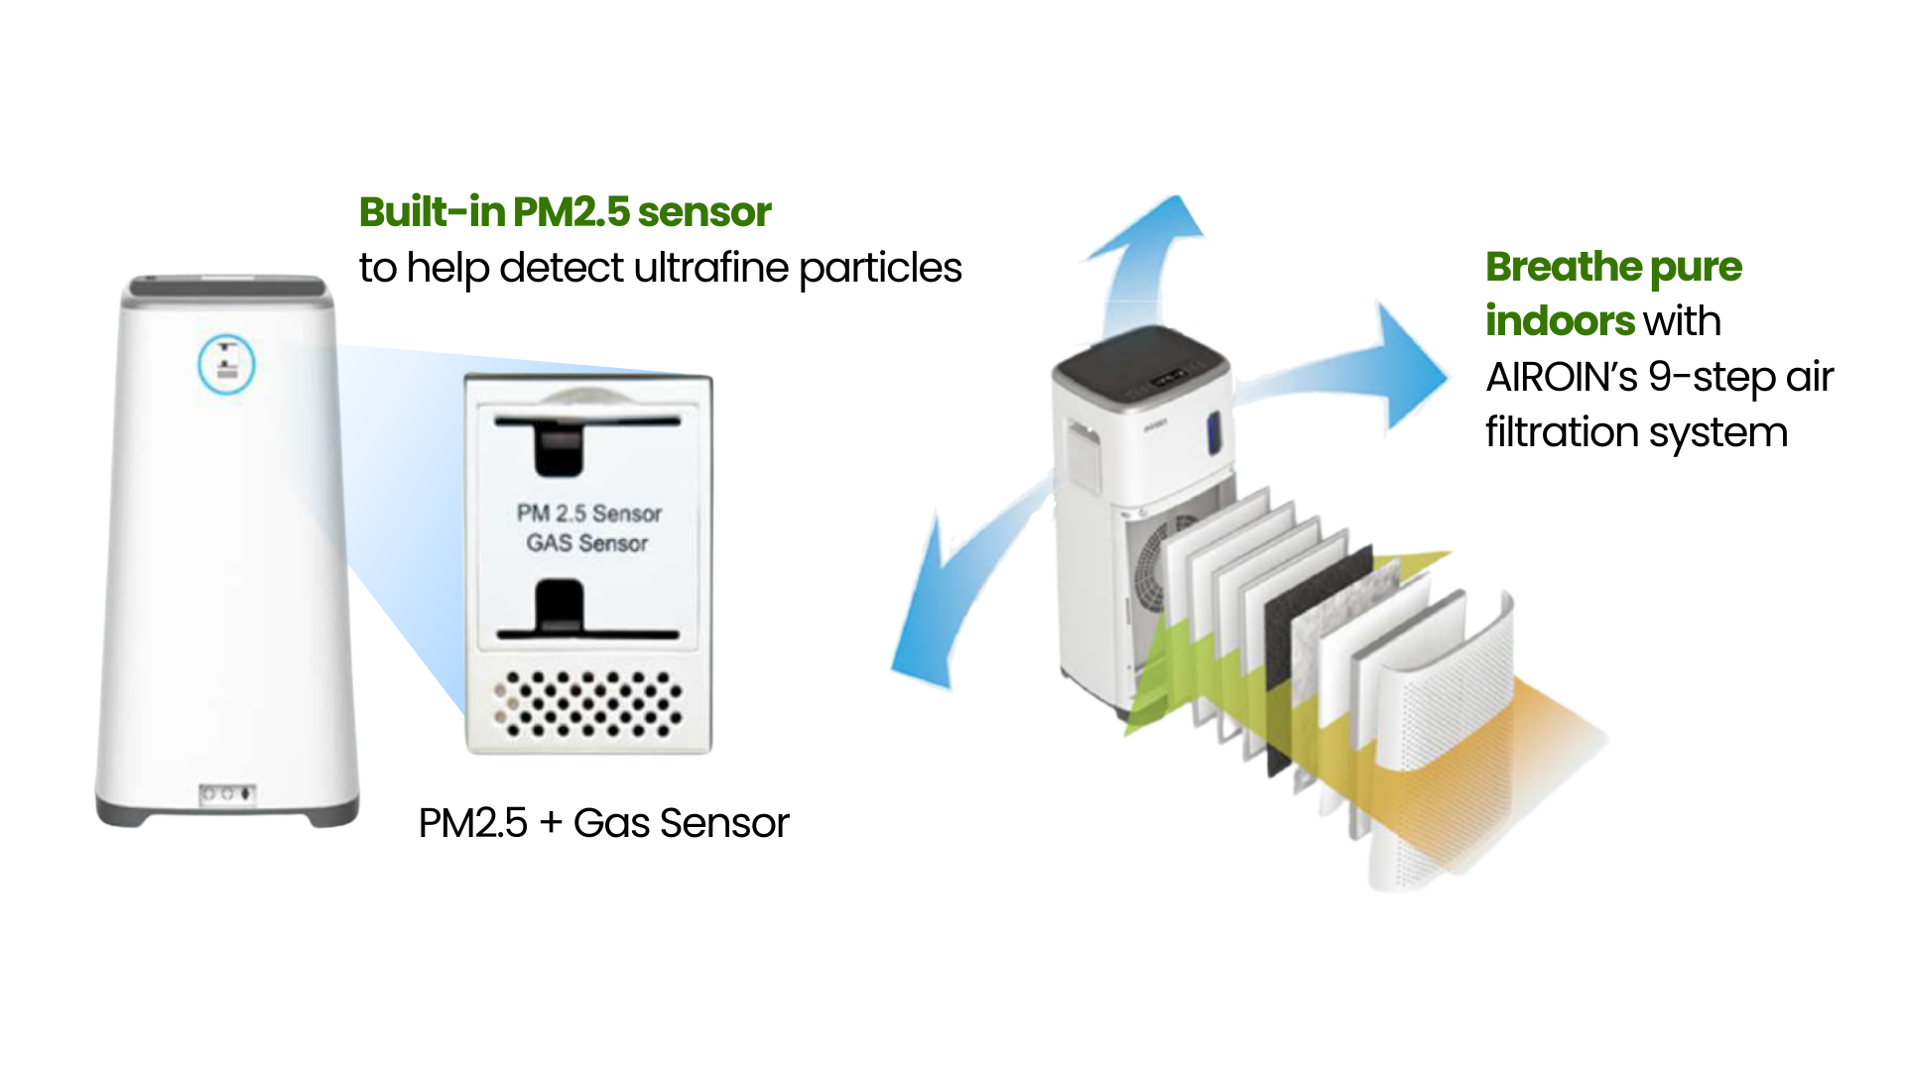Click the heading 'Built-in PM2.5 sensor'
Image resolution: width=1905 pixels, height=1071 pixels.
(x=565, y=212)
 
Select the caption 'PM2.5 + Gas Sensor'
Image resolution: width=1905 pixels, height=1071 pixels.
(x=603, y=823)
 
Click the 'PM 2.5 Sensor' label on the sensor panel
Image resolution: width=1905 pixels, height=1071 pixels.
(x=588, y=514)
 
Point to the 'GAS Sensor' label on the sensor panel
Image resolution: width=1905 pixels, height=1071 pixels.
(x=586, y=543)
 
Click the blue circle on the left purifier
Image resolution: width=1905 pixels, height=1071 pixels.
(x=226, y=364)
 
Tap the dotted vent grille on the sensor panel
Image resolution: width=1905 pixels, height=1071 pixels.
(x=589, y=704)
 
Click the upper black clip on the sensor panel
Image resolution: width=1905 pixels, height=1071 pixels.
(x=559, y=445)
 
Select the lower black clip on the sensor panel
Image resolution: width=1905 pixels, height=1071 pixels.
(x=559, y=608)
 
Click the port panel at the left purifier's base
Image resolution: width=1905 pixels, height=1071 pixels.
(x=227, y=794)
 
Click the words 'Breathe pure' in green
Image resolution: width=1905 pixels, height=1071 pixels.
(x=1613, y=267)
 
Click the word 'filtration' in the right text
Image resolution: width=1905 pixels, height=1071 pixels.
(x=1562, y=433)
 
